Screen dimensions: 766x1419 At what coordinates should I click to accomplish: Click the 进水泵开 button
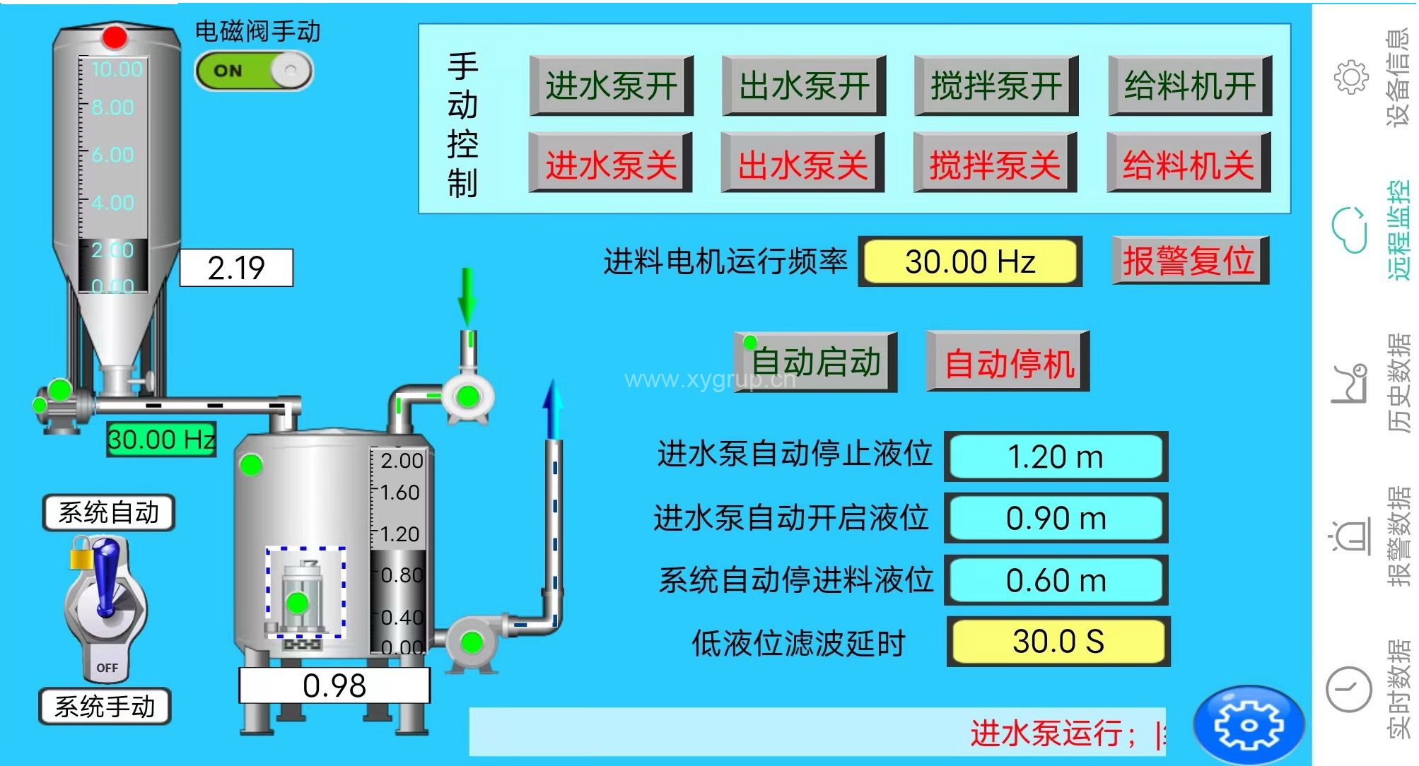click(x=611, y=86)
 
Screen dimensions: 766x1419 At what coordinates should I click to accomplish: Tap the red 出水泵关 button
click(x=802, y=163)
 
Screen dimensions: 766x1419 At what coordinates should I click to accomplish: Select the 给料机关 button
click(x=1189, y=163)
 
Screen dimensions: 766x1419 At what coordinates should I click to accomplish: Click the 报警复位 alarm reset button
click(x=1190, y=261)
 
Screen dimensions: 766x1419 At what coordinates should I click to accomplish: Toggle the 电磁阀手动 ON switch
click(x=254, y=71)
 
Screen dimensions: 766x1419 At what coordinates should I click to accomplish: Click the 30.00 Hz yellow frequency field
click(x=969, y=261)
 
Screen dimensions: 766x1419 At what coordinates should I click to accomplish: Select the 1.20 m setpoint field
click(x=1056, y=456)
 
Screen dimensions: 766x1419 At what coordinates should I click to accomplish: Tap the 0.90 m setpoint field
click(x=1056, y=518)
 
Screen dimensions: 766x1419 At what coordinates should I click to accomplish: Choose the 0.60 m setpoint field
click(x=1056, y=580)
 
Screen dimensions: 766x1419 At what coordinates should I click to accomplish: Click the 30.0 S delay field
click(x=1058, y=642)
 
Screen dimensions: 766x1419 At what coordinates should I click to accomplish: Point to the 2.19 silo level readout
click(x=236, y=268)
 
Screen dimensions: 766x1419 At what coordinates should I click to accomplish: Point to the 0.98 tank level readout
click(x=334, y=685)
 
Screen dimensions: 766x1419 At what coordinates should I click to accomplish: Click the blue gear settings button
click(x=1248, y=725)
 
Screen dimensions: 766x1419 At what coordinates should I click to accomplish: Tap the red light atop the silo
click(x=115, y=37)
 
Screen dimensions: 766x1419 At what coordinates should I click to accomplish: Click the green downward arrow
click(x=467, y=297)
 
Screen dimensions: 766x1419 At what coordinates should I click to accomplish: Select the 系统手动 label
click(x=105, y=706)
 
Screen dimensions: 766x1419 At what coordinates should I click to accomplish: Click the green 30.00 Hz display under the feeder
click(x=161, y=440)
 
